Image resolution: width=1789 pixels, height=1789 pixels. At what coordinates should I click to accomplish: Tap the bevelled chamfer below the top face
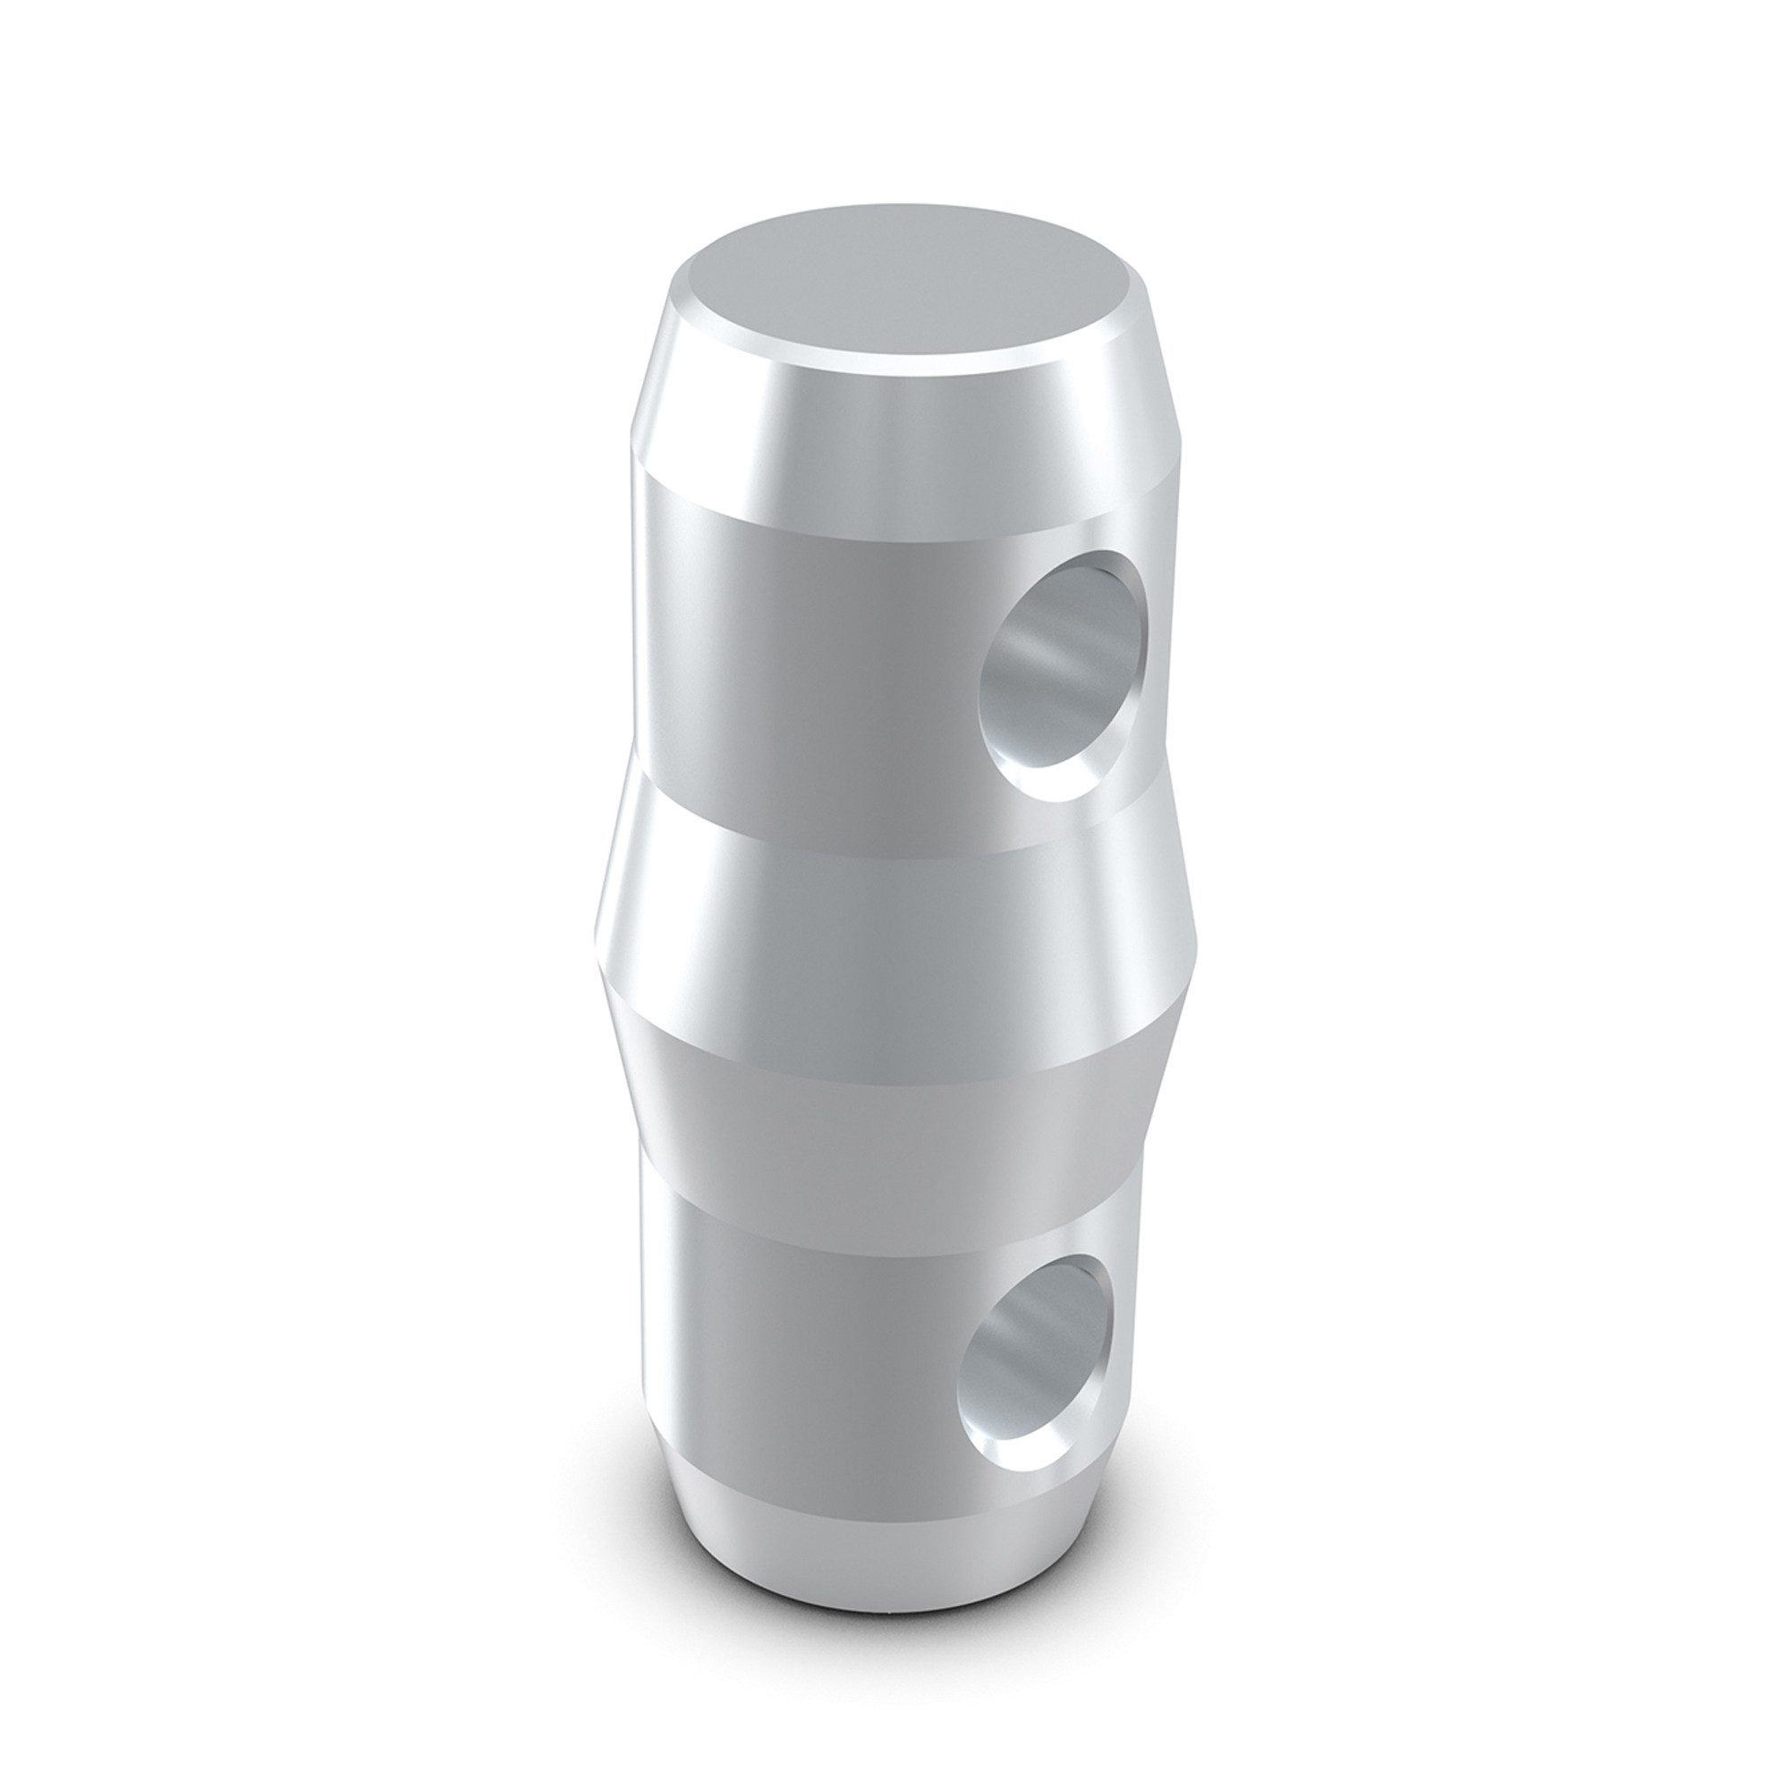pos(889,436)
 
